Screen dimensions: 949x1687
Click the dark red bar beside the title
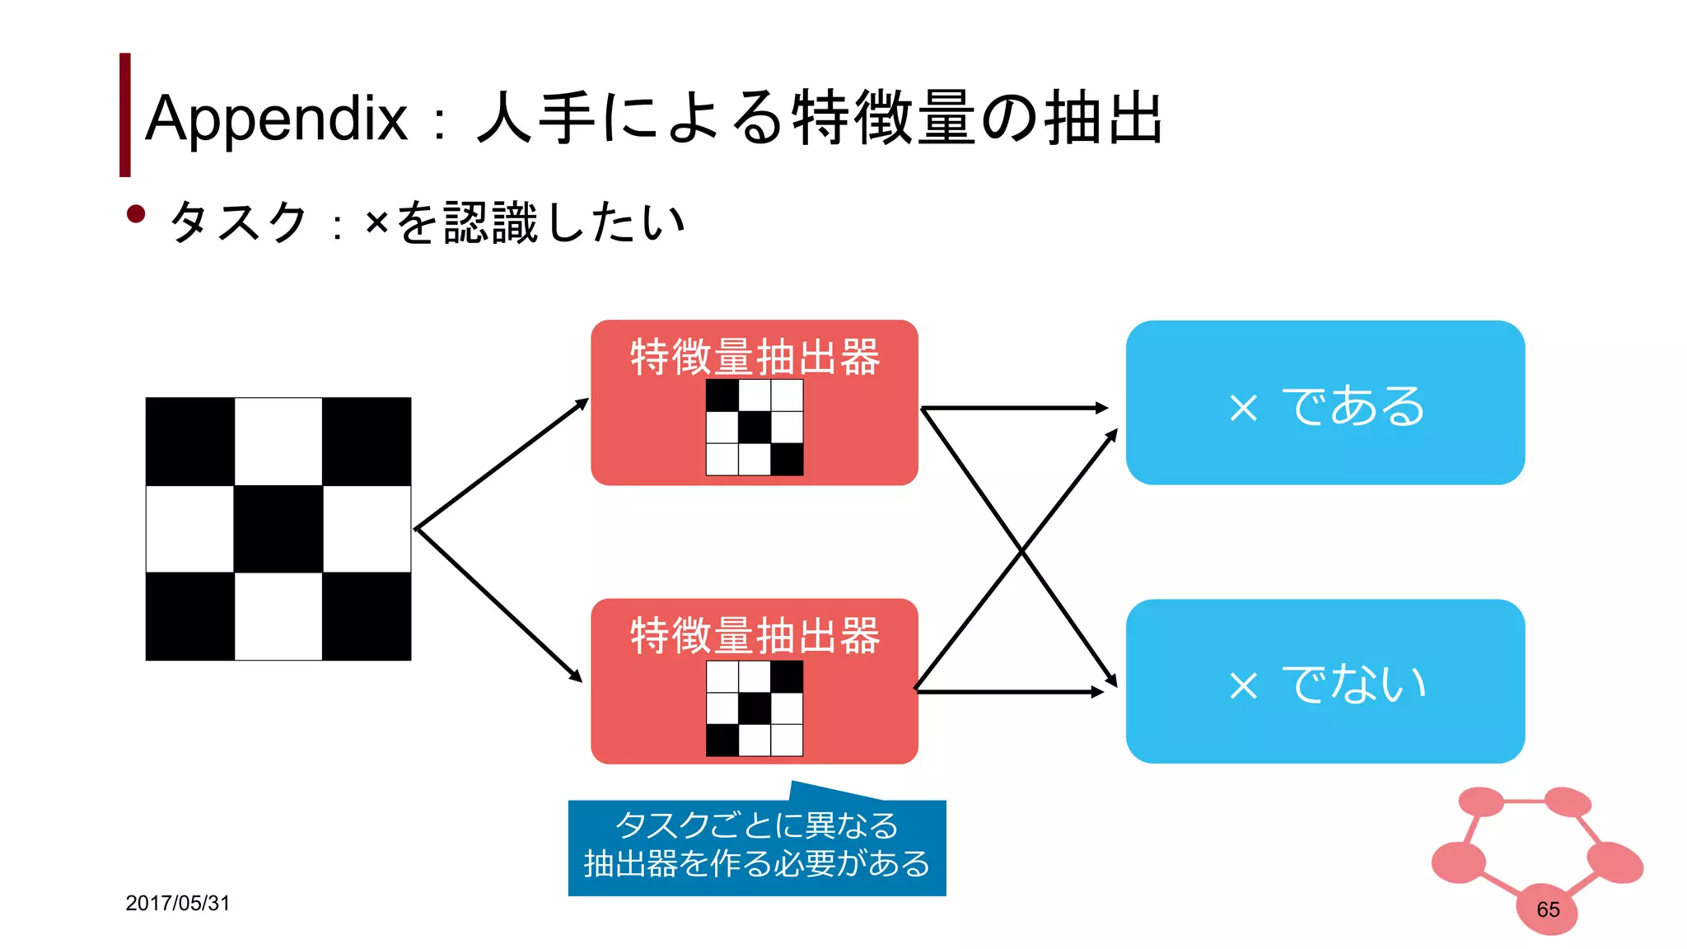click(x=125, y=115)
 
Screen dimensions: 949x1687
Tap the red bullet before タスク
click(x=136, y=215)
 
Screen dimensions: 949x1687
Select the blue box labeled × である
click(x=1325, y=403)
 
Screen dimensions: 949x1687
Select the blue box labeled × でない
click(x=1325, y=681)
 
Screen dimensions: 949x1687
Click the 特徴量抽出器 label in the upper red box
click(x=755, y=357)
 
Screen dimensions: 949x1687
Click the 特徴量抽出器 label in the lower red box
click(x=755, y=635)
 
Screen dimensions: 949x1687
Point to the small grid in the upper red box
click(x=755, y=427)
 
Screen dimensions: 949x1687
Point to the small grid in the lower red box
click(x=755, y=708)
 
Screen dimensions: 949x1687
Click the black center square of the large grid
click(x=278, y=529)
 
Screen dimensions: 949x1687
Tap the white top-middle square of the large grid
click(x=278, y=442)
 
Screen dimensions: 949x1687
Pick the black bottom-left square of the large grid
click(x=190, y=616)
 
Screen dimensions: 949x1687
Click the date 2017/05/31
click(x=177, y=903)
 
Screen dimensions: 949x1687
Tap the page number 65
click(x=1548, y=909)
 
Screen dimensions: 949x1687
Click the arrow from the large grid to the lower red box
click(x=498, y=603)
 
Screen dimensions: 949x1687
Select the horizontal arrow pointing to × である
click(x=1013, y=408)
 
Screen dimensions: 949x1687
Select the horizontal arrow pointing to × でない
click(x=1009, y=692)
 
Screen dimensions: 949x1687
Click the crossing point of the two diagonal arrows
click(x=1021, y=550)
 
